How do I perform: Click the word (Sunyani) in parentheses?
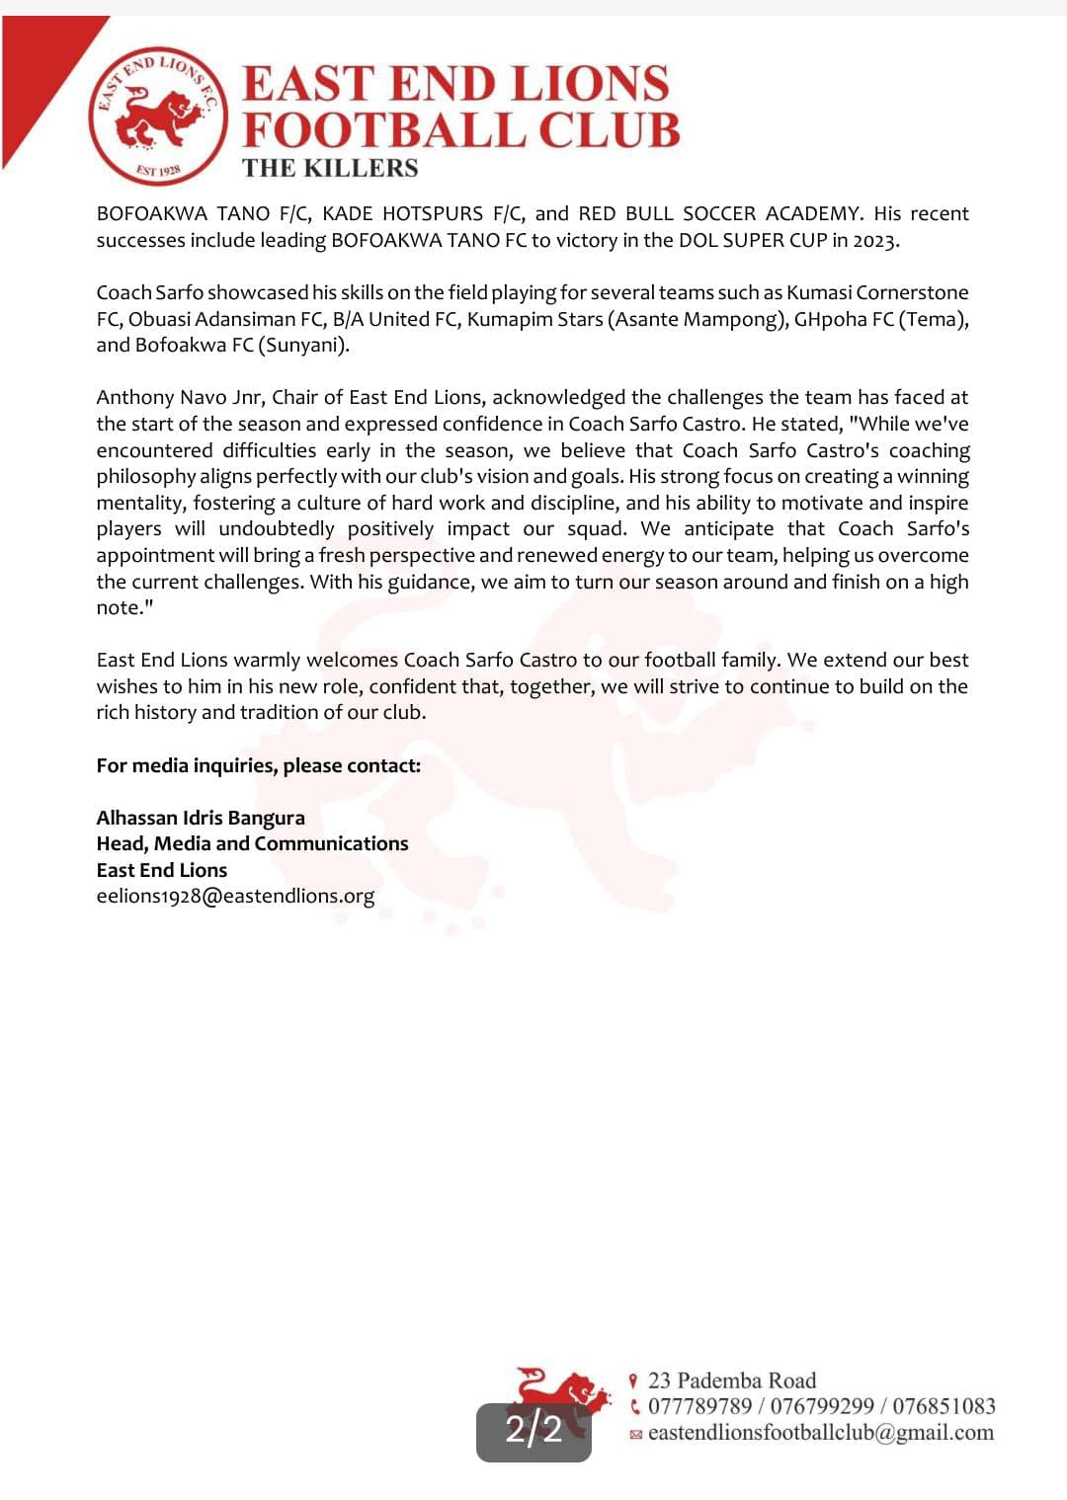pyautogui.click(x=304, y=346)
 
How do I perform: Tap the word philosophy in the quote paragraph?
pyautogui.click(x=145, y=476)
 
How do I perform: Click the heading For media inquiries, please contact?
pyautogui.click(x=258, y=765)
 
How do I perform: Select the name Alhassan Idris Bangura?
pyautogui.click(x=201, y=818)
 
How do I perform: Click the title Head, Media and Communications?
pyautogui.click(x=252, y=843)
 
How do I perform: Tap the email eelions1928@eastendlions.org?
pyautogui.click(x=235, y=896)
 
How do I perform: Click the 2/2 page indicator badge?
pyautogui.click(x=533, y=1430)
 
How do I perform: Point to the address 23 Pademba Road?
pyautogui.click(x=732, y=1381)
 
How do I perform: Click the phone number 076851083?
pyautogui.click(x=944, y=1406)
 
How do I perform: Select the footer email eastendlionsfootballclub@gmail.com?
pyautogui.click(x=820, y=1433)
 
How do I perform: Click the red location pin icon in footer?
pyautogui.click(x=633, y=1381)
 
